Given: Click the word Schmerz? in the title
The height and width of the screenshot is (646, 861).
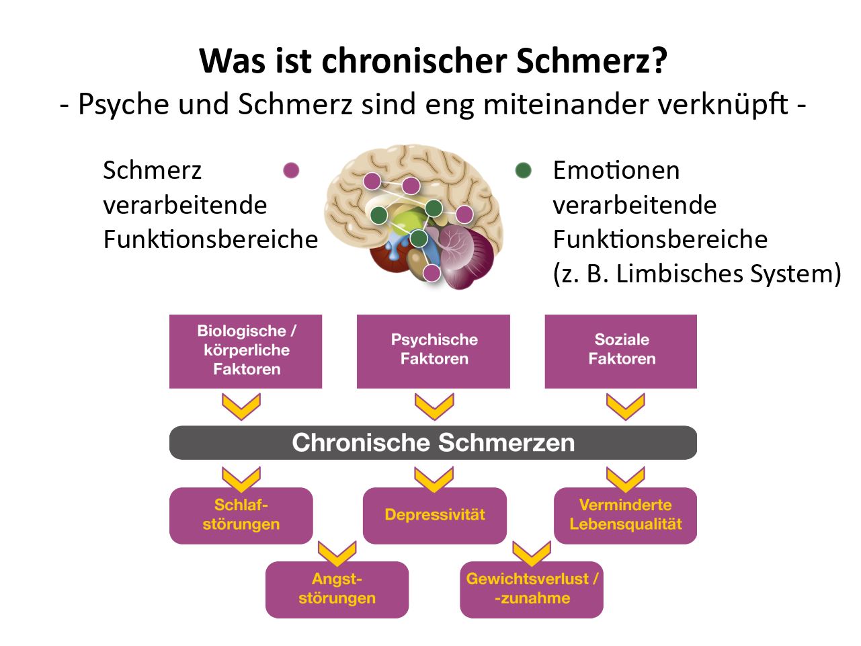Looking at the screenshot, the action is pos(591,61).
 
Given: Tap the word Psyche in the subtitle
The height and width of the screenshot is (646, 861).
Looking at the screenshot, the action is pos(124,104).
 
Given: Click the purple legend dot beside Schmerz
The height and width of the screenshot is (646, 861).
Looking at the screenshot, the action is pos(291,170).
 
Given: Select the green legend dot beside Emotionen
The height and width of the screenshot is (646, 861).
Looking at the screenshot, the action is pos(524,170).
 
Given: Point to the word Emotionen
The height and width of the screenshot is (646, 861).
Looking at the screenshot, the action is pos(616,170).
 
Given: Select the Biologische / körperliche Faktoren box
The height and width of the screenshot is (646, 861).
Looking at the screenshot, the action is pos(245,352).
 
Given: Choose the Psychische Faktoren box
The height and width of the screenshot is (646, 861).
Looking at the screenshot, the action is pos(434,352).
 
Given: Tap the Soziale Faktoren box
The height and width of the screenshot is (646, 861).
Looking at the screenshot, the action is pos(621,352).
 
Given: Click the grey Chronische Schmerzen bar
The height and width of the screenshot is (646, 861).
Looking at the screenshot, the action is pos(433,443).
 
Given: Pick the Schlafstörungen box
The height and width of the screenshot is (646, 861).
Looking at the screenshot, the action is pos(241,516).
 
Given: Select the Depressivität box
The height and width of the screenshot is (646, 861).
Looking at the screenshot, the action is pos(435,516).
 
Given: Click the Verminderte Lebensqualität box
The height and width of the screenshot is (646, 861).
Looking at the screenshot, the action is pos(625,516).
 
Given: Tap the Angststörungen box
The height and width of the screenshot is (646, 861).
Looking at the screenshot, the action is pos(337,590).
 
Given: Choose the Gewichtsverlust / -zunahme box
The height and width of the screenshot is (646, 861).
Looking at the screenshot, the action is pos(532,590).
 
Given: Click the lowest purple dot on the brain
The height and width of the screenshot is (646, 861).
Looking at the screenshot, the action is pos(432,273).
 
